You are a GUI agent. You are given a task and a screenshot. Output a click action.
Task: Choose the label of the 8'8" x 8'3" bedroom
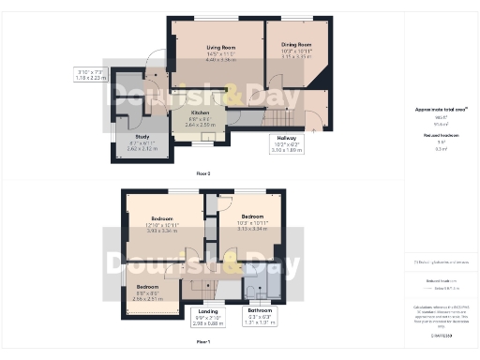(x=147, y=287)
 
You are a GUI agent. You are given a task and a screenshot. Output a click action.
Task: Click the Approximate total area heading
(x=441, y=110)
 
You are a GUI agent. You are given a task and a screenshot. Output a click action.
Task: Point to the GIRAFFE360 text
(x=441, y=335)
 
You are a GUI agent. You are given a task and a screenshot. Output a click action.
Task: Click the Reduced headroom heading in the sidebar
(x=441, y=135)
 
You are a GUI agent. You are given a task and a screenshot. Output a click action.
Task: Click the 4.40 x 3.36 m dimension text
(x=220, y=59)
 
